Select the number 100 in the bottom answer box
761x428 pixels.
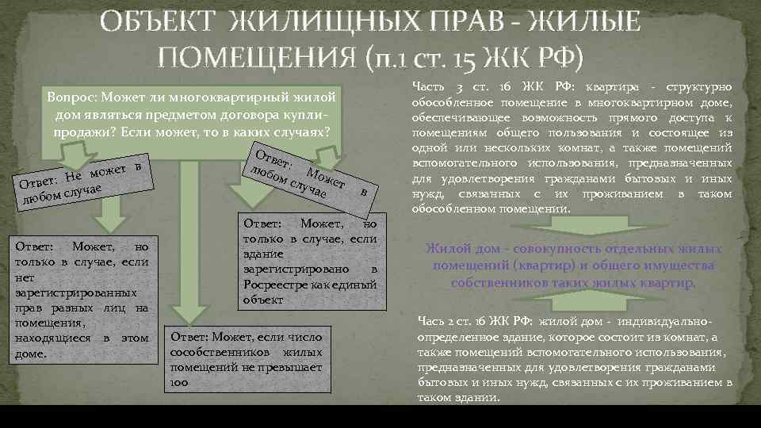pyautogui.click(x=178, y=382)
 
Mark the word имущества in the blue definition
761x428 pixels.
pyautogui.click(x=681, y=266)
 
